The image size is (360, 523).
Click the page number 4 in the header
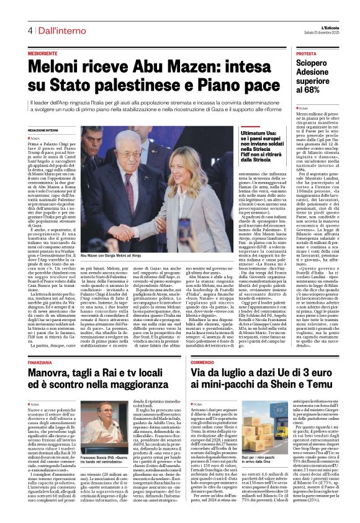[29, 30]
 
